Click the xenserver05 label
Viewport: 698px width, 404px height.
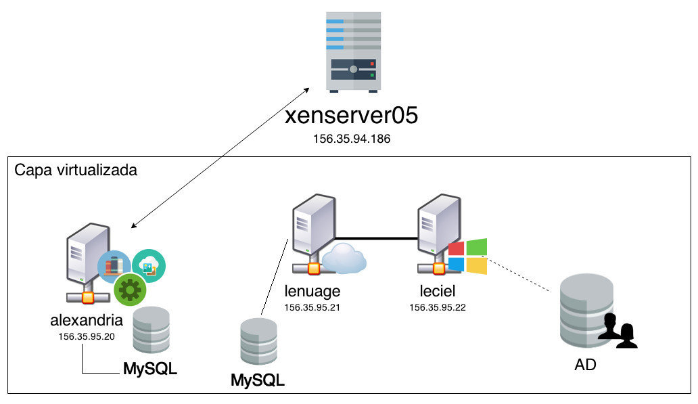point(351,116)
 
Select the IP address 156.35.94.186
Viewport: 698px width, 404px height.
point(351,139)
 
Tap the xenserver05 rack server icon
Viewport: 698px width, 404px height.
point(352,52)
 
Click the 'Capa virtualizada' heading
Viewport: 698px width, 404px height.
point(76,170)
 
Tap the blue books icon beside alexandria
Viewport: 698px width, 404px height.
point(114,266)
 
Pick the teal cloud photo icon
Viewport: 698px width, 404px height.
point(149,265)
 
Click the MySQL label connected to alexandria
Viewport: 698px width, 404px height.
point(149,369)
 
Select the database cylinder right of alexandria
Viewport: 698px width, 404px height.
point(150,330)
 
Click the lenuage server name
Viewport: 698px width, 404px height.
point(312,292)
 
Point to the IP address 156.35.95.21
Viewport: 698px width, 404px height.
point(312,307)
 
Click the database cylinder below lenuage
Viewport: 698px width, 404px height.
point(258,342)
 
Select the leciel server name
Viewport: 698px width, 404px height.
point(438,292)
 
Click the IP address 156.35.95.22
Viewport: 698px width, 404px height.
point(438,307)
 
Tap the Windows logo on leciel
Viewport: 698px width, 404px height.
point(467,256)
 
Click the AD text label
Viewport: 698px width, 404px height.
point(585,365)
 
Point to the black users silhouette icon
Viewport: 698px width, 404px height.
point(620,330)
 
